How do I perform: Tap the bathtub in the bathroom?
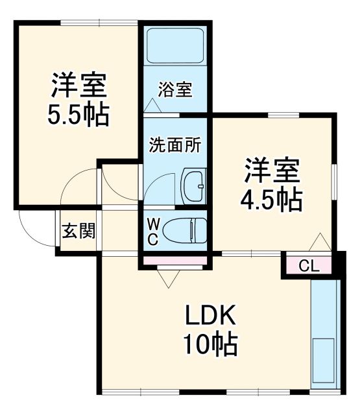point(174,47)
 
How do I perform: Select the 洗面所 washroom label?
point(174,144)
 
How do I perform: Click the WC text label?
point(153,231)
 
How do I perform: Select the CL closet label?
point(308,265)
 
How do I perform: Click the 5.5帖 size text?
point(78,115)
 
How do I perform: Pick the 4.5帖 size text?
point(272,200)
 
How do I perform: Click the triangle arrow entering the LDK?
point(168,279)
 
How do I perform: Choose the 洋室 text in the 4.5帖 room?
point(272,170)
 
